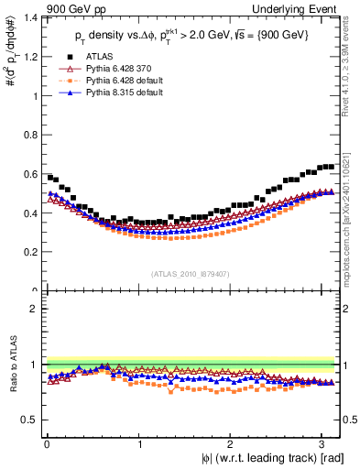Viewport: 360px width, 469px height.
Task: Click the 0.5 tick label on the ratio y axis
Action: point(29,420)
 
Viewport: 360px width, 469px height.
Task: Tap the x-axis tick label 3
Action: point(322,444)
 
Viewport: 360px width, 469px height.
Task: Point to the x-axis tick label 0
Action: point(46,444)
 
